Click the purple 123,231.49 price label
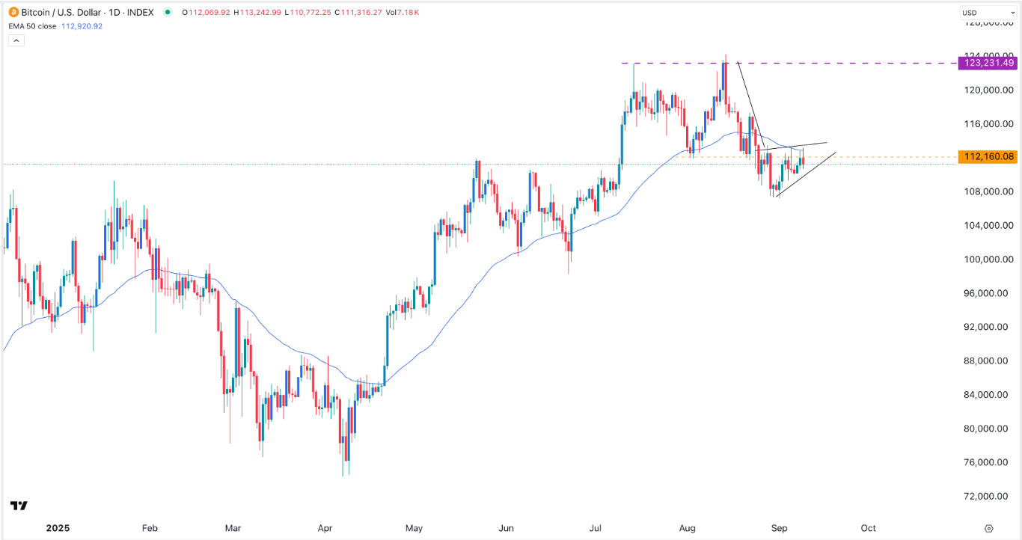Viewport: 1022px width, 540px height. click(987, 63)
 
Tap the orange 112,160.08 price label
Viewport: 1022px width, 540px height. click(987, 156)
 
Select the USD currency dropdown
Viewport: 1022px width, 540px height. click(988, 13)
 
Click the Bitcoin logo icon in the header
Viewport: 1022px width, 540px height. click(13, 12)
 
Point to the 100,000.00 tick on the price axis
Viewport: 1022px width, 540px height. click(988, 259)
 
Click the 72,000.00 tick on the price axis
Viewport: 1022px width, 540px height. click(988, 496)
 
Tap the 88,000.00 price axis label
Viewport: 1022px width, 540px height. click(988, 360)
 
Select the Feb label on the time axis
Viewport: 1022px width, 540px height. click(150, 528)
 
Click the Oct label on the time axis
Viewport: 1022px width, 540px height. click(869, 528)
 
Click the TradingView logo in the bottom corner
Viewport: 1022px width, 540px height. click(19, 506)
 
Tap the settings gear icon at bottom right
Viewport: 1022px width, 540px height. click(989, 528)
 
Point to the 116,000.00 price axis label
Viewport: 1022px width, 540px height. click(988, 123)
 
